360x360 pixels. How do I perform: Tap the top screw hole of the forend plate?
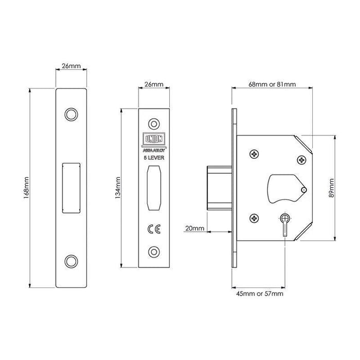[x=152, y=123]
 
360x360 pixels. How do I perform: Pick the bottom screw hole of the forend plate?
[x=152, y=250]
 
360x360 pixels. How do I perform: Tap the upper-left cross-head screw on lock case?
[x=255, y=154]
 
